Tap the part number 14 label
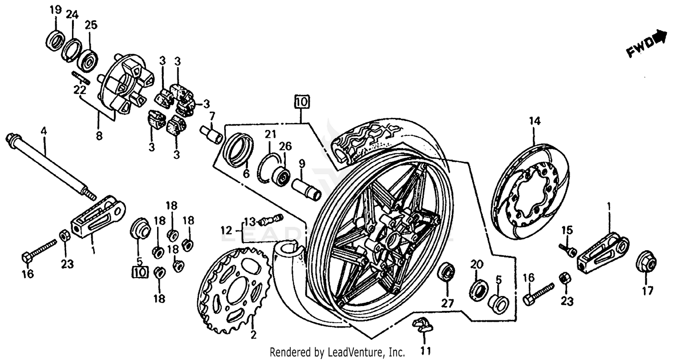(x=534, y=121)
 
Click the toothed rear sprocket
(x=234, y=288)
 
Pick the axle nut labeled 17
(x=646, y=263)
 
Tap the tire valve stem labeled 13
(x=269, y=220)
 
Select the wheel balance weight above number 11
(x=422, y=324)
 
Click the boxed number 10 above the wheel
(x=302, y=102)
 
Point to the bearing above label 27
(x=446, y=272)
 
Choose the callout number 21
(x=270, y=134)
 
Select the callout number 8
(x=99, y=135)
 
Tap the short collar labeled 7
(x=211, y=134)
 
